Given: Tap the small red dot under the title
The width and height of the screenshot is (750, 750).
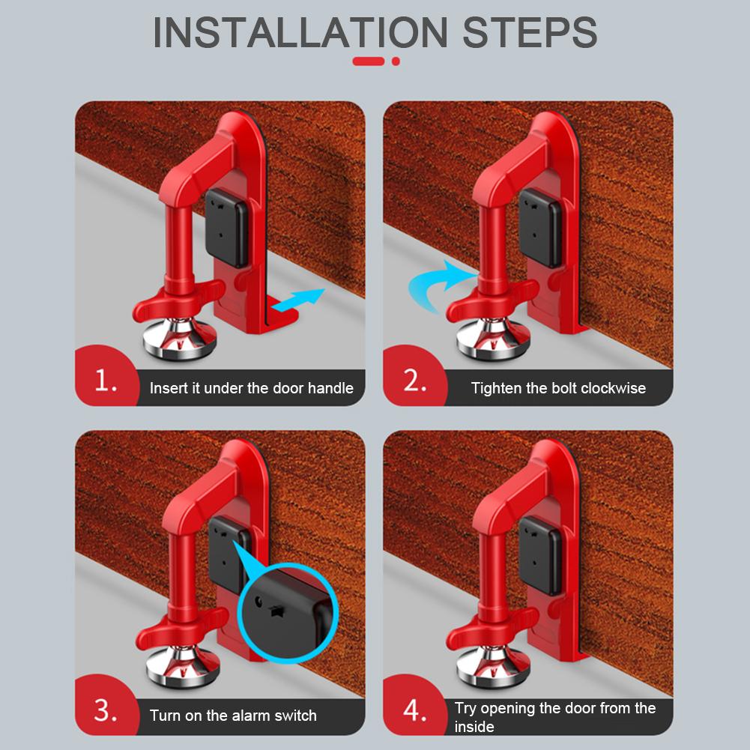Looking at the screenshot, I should click(x=396, y=61).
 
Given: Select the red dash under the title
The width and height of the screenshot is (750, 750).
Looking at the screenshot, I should click(x=369, y=61).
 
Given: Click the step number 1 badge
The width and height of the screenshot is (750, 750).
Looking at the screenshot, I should click(x=106, y=382).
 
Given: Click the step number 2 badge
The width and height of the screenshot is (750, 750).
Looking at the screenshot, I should click(x=414, y=382).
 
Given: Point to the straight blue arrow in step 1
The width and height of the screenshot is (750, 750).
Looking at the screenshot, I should click(x=299, y=299).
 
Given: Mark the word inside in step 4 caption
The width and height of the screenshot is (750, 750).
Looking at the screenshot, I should click(x=474, y=727).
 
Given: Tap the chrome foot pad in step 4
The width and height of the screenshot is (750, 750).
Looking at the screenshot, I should click(x=489, y=665).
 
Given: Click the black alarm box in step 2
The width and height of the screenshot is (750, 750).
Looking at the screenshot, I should click(x=539, y=228).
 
